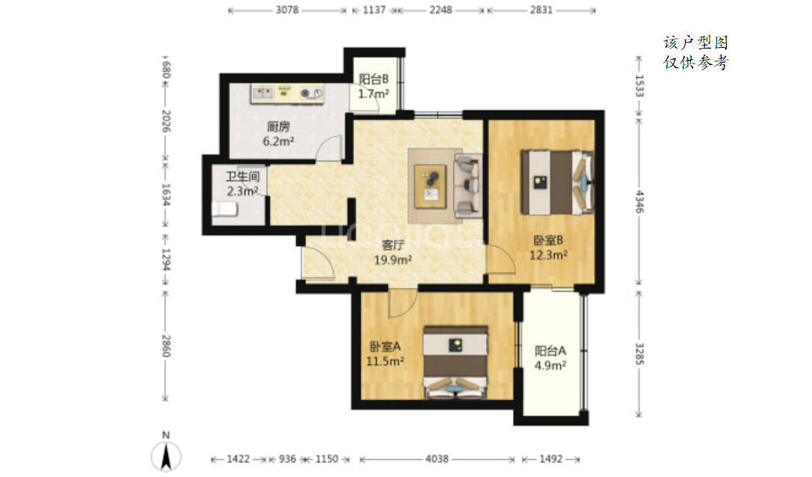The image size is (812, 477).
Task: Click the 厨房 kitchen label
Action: (x=278, y=126)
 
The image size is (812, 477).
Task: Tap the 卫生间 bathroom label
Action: (x=242, y=176)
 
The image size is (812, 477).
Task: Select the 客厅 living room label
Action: (x=393, y=245)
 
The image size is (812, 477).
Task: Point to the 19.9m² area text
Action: (x=393, y=259)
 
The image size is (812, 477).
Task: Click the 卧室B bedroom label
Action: (x=548, y=240)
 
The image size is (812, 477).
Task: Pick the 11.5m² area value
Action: (x=385, y=361)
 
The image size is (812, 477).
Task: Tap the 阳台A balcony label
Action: (x=550, y=351)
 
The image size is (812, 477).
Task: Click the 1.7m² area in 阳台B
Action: (x=373, y=93)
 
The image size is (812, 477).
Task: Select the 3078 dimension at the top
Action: (x=287, y=10)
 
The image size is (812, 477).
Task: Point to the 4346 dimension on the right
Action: (x=640, y=201)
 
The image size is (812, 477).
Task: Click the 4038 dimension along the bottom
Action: (x=437, y=459)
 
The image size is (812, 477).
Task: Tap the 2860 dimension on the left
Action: (x=166, y=345)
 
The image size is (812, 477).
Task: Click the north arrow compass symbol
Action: (x=166, y=456)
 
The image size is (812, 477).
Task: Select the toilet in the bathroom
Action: (x=225, y=209)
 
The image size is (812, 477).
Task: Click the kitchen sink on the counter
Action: (x=262, y=93)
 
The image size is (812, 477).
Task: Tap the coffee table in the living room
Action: (x=431, y=186)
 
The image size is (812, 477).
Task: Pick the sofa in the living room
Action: (x=468, y=185)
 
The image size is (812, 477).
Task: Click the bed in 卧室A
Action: (x=455, y=363)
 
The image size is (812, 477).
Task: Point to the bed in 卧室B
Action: (x=557, y=182)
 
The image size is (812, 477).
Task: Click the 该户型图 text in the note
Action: (x=696, y=43)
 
